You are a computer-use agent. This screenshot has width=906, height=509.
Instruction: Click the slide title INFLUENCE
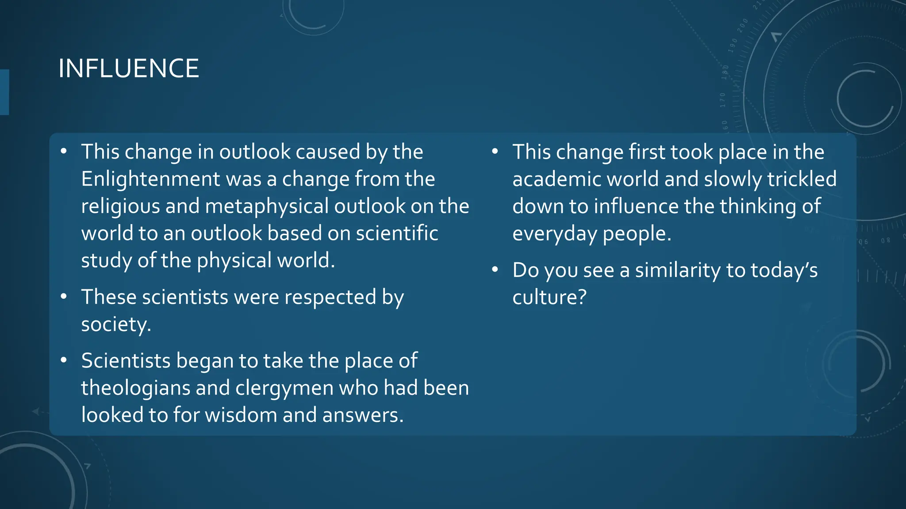tap(128, 68)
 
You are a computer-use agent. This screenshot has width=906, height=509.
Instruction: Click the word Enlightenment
tap(150, 179)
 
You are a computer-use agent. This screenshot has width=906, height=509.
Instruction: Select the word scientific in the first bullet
tap(397, 233)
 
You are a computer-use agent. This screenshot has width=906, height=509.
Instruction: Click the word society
tap(116, 324)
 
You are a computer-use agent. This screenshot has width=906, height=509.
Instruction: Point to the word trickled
tap(802, 179)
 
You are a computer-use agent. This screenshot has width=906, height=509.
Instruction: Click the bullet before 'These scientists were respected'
tap(64, 296)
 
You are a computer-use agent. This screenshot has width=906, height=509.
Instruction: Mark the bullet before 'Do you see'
tap(495, 270)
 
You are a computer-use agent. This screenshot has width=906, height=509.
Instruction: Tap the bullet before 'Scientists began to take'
tap(64, 360)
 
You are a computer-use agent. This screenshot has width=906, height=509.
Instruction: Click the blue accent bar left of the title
tap(4, 92)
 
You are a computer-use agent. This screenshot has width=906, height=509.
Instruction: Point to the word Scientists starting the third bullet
tap(126, 361)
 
